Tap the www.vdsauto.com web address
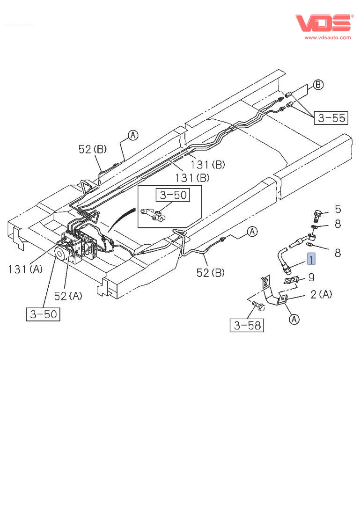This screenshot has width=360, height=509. click(328, 37)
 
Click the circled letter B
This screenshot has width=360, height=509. click(318, 85)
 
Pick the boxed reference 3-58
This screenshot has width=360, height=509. click(247, 325)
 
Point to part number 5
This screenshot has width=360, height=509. click(338, 209)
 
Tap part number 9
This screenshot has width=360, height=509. click(311, 277)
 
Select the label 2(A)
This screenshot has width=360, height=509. click(321, 294)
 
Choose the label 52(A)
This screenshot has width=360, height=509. click(68, 296)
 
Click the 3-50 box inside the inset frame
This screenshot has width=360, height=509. click(173, 195)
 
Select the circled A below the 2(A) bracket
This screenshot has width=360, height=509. click(294, 320)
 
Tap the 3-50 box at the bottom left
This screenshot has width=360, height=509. click(43, 314)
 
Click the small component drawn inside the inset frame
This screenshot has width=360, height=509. click(154, 215)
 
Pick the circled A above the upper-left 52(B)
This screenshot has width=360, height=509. click(133, 136)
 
